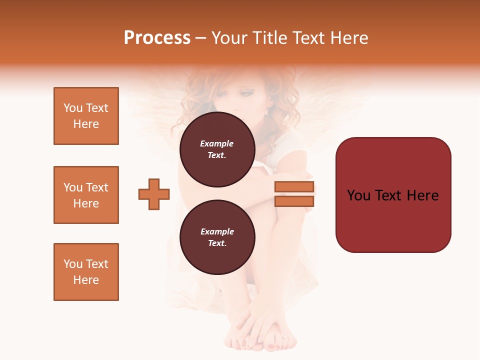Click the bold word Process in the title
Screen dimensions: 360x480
click(157, 38)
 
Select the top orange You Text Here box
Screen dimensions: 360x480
click(86, 116)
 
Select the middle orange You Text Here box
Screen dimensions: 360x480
click(86, 195)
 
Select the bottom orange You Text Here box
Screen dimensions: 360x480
click(86, 272)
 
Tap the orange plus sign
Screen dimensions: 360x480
click(154, 194)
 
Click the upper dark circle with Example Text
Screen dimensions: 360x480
click(217, 149)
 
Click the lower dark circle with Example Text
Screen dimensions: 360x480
click(217, 237)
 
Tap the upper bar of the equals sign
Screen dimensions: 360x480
click(294, 187)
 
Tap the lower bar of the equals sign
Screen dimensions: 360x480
click(294, 201)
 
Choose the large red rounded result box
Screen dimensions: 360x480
click(393, 194)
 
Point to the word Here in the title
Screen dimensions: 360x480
click(347, 38)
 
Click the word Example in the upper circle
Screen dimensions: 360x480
click(216, 144)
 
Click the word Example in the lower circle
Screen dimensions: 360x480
click(217, 232)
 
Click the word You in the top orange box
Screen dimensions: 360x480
click(73, 108)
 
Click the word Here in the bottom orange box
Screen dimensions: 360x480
click(86, 280)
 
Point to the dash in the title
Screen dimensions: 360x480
click(200, 38)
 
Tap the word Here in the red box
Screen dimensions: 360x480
click(423, 195)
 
